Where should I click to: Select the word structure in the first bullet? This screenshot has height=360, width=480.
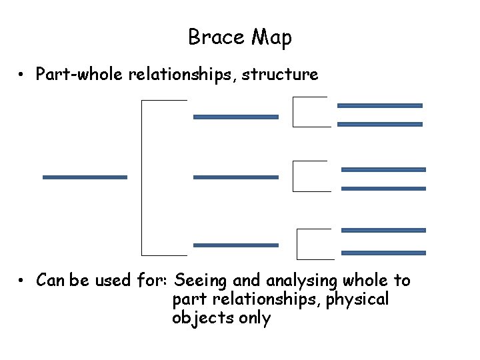tap(280, 75)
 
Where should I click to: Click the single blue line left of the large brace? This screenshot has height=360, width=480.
tap(85, 177)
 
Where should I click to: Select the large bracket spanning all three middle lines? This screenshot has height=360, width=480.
tap(143, 177)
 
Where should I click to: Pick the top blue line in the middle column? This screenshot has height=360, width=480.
tap(235, 117)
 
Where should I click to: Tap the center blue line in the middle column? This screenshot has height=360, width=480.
tap(235, 177)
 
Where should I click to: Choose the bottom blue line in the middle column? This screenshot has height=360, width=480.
tap(235, 245)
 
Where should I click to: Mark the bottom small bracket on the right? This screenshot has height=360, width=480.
tap(299, 243)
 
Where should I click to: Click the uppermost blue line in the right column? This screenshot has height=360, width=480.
tap(380, 105)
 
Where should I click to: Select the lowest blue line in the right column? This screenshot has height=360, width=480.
tap(383, 253)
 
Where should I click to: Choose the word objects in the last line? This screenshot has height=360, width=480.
tap(199, 319)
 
